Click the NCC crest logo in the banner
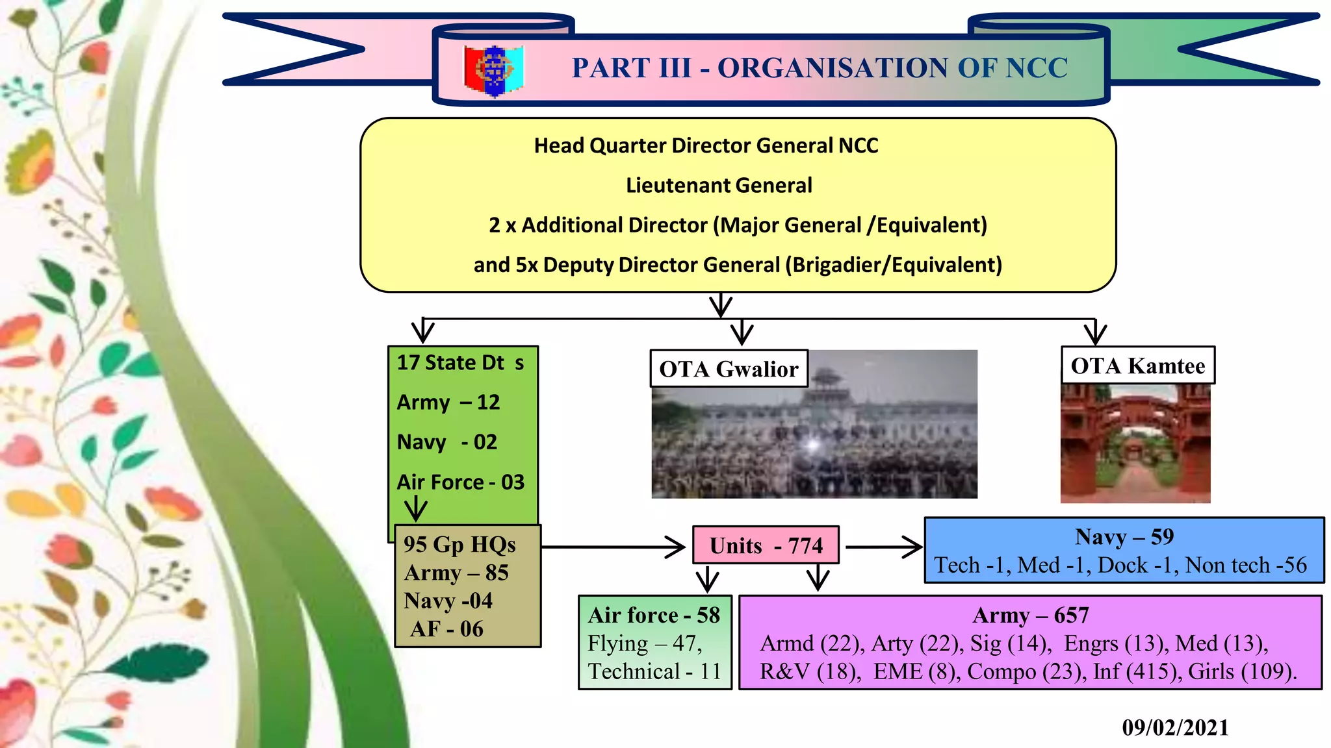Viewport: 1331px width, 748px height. point(494,70)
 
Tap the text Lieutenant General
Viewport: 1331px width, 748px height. point(718,186)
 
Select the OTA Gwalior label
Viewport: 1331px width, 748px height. point(729,369)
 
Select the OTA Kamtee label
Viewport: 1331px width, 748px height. point(1137,366)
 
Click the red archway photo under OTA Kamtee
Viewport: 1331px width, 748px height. point(1135,445)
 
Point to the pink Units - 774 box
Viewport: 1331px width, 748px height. point(766,545)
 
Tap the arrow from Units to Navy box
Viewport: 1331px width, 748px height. point(884,547)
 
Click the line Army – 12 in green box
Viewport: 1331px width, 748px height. point(448,403)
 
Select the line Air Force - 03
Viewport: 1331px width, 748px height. point(460,482)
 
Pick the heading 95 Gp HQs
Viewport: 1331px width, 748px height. point(459,544)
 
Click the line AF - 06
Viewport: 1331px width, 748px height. point(447,629)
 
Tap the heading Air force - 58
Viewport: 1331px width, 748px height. point(654,615)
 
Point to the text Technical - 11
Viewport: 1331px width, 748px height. point(654,671)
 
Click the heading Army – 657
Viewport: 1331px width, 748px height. point(1030,615)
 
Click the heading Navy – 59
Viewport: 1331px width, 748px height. point(1124,537)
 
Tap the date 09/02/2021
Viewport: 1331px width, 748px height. point(1175,727)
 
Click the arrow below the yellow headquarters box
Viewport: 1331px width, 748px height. point(721,305)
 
